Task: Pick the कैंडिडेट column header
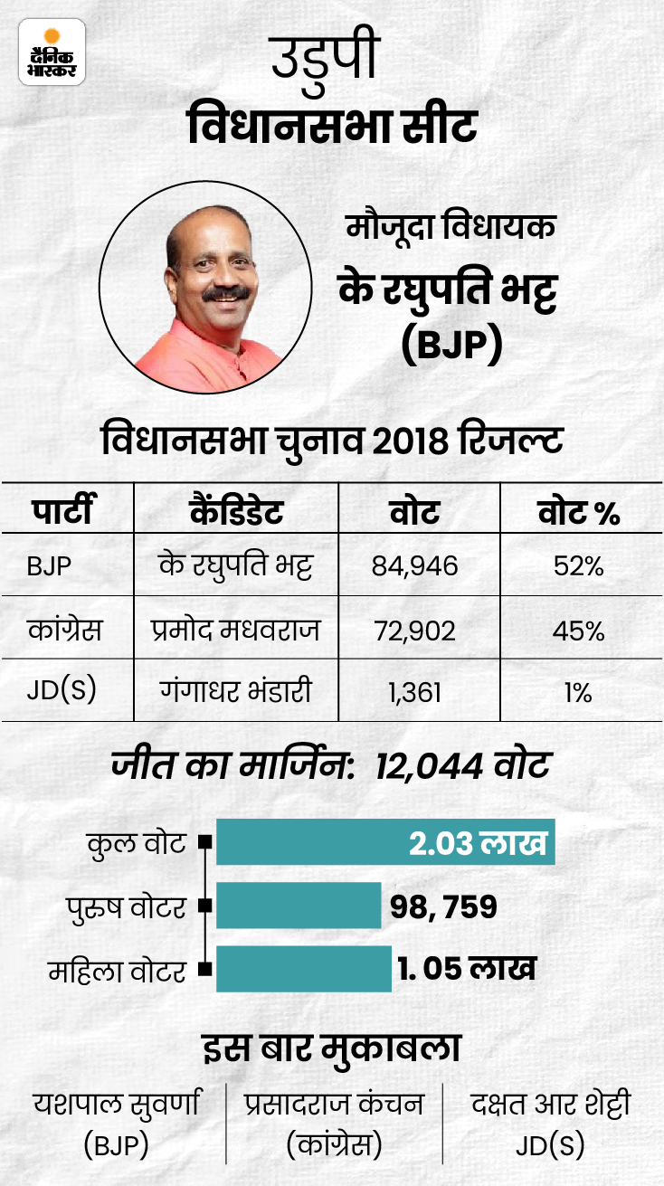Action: (x=237, y=513)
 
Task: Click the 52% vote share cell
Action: (x=579, y=567)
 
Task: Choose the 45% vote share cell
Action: (x=579, y=631)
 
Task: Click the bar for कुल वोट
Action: (x=384, y=843)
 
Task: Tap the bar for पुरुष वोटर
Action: (x=299, y=906)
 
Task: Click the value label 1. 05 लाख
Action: (x=466, y=969)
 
